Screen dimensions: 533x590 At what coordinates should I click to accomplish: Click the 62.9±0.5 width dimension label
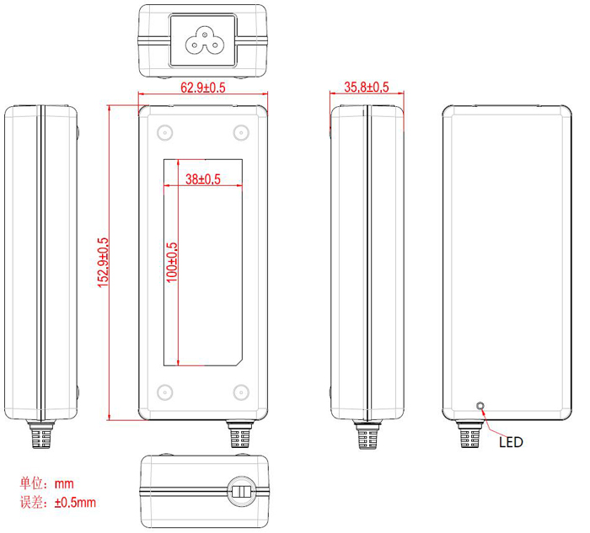(x=203, y=87)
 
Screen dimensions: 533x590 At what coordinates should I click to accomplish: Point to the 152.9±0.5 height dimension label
(x=104, y=262)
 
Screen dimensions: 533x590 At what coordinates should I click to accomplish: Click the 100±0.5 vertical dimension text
(x=172, y=262)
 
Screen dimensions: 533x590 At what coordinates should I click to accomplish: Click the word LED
(x=511, y=442)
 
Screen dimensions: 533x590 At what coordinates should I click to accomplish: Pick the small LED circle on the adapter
(x=481, y=407)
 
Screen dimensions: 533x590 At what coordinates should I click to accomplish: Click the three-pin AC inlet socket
(x=203, y=39)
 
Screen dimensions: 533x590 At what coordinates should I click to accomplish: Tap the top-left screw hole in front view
(x=164, y=131)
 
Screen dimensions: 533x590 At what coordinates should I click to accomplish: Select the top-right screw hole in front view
(x=240, y=131)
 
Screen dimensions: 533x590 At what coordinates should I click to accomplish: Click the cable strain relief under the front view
(x=238, y=435)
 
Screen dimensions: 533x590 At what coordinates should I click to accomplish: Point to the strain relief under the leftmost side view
(x=39, y=435)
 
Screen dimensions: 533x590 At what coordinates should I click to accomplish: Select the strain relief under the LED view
(x=467, y=435)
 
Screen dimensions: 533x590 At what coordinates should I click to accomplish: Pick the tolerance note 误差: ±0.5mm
(x=57, y=503)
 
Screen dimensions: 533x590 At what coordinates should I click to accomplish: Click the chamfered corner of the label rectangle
(x=241, y=362)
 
